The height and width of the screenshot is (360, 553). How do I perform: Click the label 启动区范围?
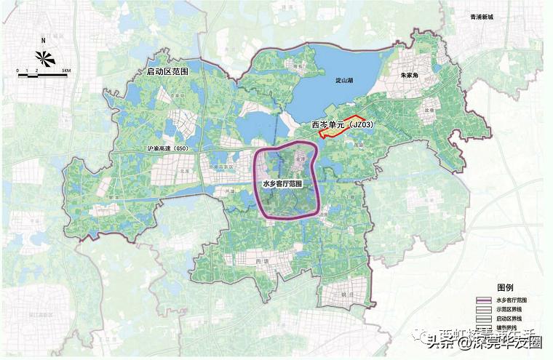(x=167, y=72)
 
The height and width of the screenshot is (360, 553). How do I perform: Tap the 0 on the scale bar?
(x=18, y=70)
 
